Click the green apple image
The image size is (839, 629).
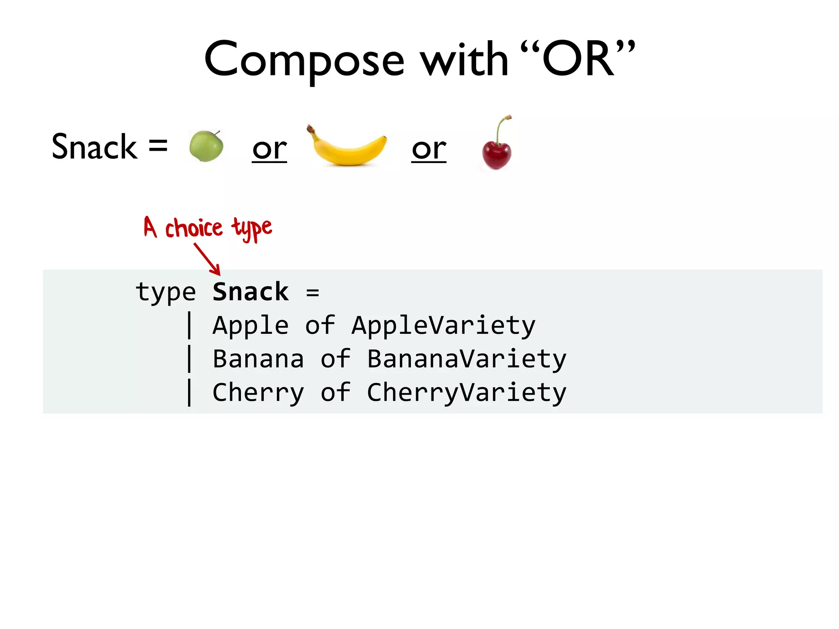click(206, 146)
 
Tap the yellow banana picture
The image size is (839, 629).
click(347, 147)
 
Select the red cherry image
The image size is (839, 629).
click(497, 154)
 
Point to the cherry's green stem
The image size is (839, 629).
click(499, 129)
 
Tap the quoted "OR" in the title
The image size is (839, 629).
click(578, 59)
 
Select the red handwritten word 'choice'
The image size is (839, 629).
click(194, 228)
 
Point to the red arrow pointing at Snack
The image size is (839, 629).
click(207, 259)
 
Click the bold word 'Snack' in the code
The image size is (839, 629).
click(251, 292)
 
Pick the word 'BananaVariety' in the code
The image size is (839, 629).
click(467, 360)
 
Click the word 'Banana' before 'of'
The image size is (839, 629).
click(259, 359)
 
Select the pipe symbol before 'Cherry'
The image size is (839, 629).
click(189, 393)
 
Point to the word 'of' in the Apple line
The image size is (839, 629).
click(320, 326)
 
